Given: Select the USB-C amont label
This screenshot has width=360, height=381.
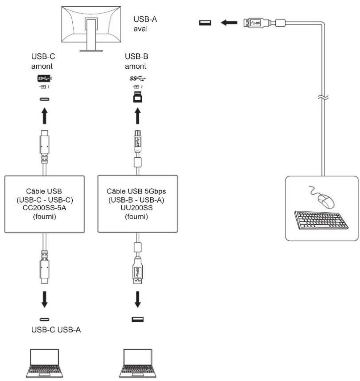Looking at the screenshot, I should coord(44,61).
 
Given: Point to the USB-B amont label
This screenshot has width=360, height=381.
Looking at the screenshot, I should coord(136,61).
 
